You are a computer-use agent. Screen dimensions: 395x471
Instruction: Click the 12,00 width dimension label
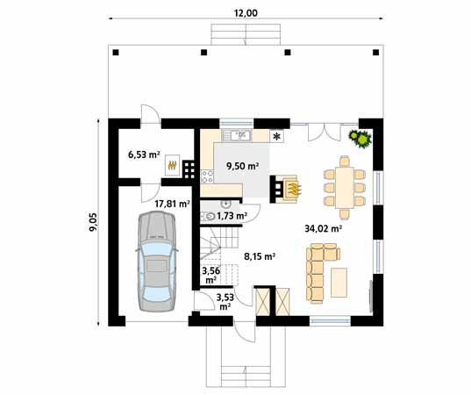246,12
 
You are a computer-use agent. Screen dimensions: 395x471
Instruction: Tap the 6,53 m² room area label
144,154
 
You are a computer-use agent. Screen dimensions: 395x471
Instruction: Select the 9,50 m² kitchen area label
242,165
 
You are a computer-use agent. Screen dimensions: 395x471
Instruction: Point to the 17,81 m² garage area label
172,203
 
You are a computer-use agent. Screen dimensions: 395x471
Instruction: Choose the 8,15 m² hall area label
259,256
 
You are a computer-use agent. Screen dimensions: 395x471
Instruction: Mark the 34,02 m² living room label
323,227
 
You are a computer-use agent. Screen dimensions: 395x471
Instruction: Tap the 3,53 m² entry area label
225,302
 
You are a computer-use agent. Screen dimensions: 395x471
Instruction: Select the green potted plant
359,138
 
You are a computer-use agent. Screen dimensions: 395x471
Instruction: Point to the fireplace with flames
287,188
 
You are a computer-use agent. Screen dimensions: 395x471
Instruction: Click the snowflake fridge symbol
278,136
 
